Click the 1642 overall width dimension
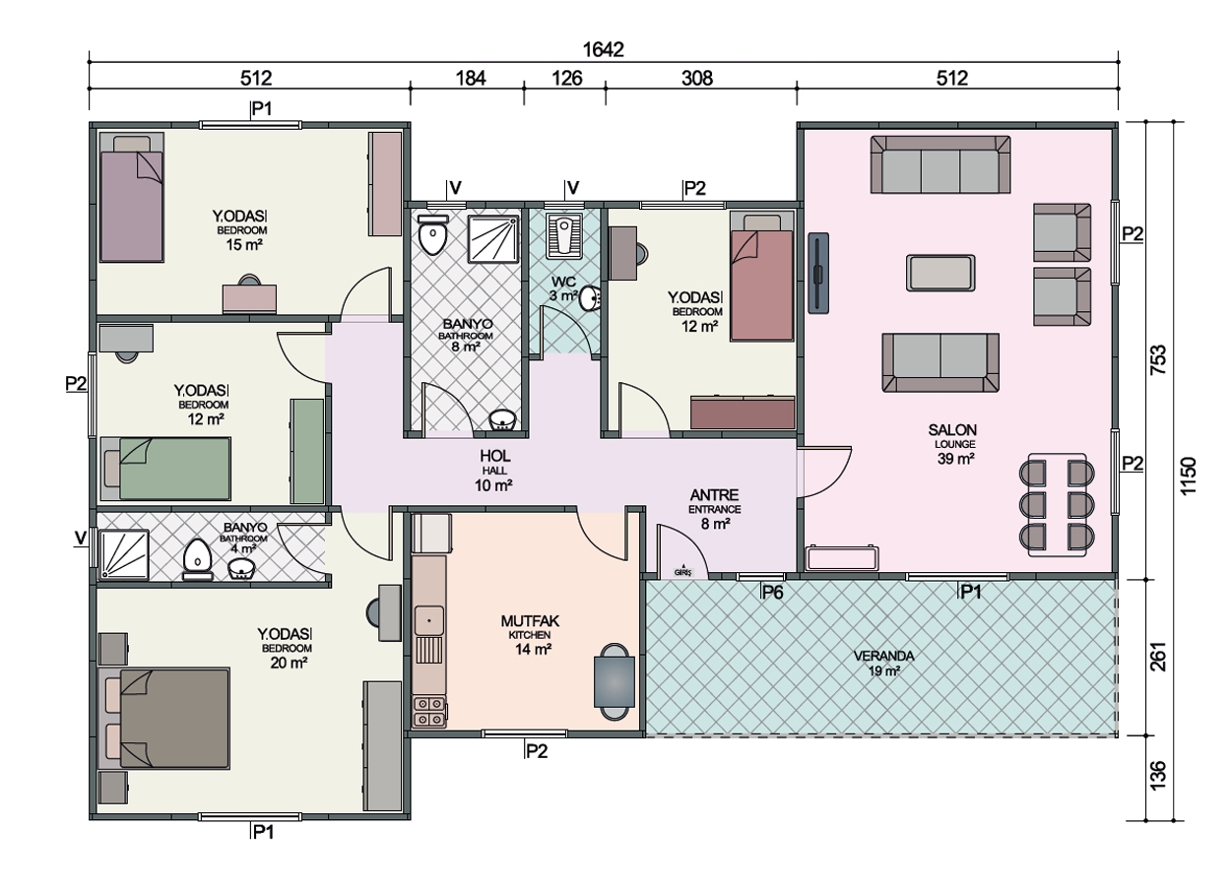point(603,50)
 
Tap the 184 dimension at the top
point(471,79)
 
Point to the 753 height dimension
point(1157,359)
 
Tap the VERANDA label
point(883,656)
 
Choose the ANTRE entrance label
point(714,495)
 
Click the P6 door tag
point(772,592)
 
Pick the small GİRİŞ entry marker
point(683,572)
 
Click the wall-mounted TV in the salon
point(818,273)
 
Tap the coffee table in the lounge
point(940,273)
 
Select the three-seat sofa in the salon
point(940,164)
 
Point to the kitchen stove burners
point(429,712)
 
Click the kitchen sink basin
point(428,620)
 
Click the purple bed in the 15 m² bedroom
point(132,197)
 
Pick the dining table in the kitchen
point(615,681)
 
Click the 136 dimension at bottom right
point(1157,776)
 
